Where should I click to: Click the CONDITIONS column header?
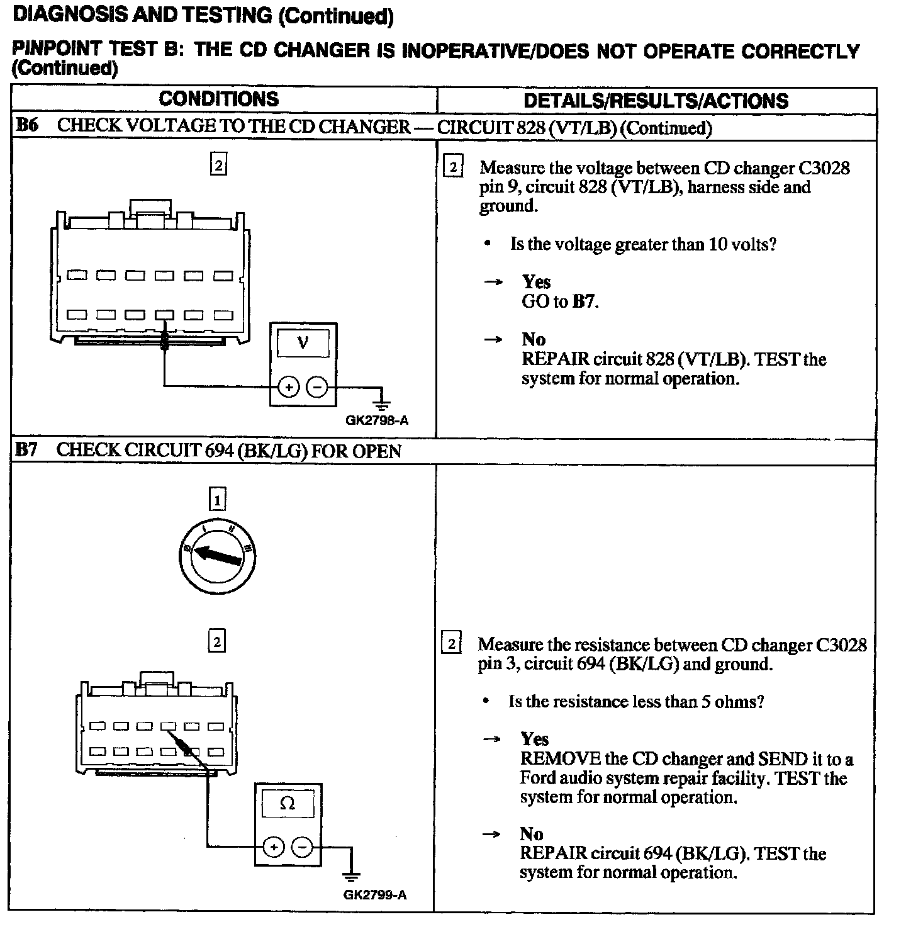218,99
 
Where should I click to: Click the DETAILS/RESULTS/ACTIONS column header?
656,101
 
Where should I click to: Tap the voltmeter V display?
303,344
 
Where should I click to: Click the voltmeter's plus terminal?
288,387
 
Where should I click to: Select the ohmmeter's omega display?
288,804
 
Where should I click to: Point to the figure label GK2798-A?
377,420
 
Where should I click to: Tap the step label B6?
26,125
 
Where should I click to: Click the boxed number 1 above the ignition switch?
216,500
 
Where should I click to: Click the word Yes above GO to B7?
536,282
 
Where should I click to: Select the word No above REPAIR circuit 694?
532,835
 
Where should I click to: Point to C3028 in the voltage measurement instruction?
824,168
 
